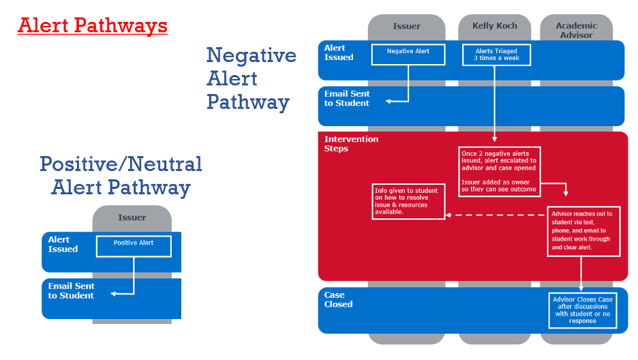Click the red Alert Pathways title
pos(93,26)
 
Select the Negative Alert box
pos(408,55)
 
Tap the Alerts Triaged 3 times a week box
pos(496,55)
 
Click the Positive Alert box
pos(134,246)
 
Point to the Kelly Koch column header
pos(495,27)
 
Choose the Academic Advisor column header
pos(576,30)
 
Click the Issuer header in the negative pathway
pos(407,27)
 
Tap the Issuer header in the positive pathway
pos(132,217)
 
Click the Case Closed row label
pos(339,300)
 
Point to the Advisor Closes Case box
pos(581,310)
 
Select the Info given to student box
pos(408,202)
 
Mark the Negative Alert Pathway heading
pos(251,78)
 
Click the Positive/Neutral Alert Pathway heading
pos(121,175)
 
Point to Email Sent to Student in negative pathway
pos(347,99)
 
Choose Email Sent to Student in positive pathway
pos(72,291)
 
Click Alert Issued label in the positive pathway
pos(63,245)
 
